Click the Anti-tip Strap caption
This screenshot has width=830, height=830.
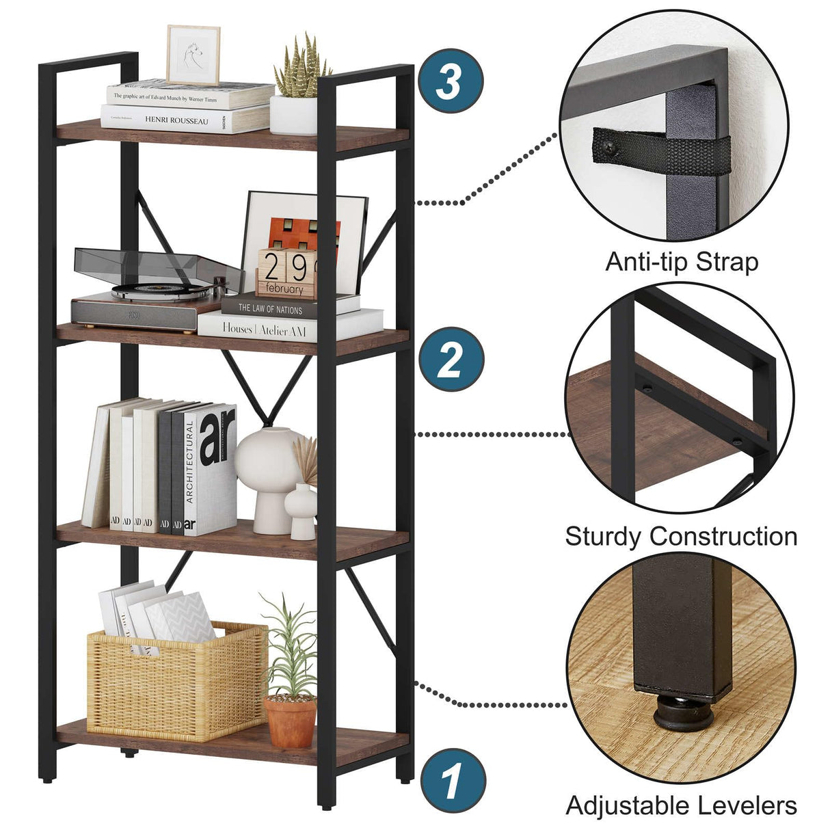tap(681, 262)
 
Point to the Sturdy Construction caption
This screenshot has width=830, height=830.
tap(681, 536)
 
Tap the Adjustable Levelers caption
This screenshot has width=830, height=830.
tap(681, 805)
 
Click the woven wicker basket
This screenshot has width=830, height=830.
tap(177, 680)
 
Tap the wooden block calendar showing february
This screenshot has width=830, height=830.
tap(286, 273)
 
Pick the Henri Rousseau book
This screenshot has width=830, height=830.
tap(176, 120)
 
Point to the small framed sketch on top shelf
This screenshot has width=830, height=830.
tap(193, 55)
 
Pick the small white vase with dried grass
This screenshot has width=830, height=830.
tap(302, 509)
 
